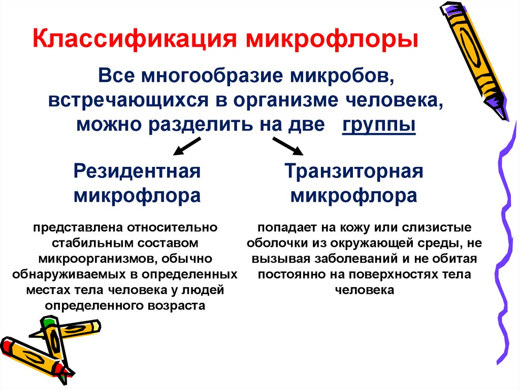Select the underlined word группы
pyautogui.click(x=379, y=125)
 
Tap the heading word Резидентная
pyautogui.click(x=137, y=171)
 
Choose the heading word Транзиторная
pyautogui.click(x=354, y=171)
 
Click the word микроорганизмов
pyautogui.click(x=97, y=260)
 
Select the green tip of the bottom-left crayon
pyautogui.click(x=49, y=322)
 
